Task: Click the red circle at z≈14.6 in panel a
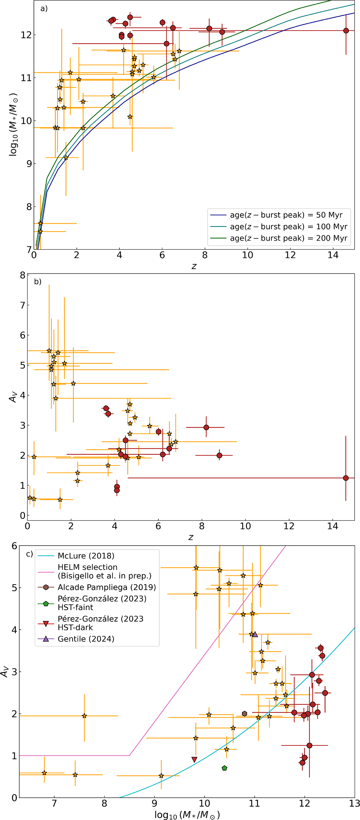tap(346, 31)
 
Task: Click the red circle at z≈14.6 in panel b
tap(346, 478)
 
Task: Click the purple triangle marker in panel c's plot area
tap(255, 635)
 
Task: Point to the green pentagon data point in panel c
tap(224, 768)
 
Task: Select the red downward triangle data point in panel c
tap(194, 759)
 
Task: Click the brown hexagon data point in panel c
tap(244, 714)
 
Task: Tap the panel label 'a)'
tap(44, 9)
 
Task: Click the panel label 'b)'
tap(37, 282)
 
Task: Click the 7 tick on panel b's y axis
tap(22, 305)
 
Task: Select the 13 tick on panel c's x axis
tap(354, 804)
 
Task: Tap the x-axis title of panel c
tap(187, 815)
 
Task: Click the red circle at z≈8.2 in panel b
tap(206, 427)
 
